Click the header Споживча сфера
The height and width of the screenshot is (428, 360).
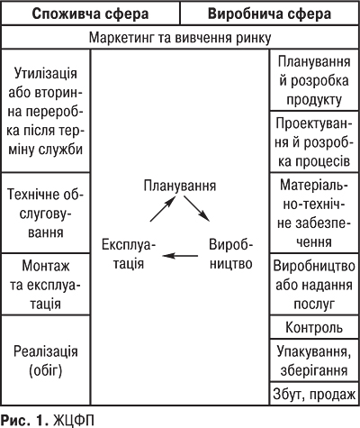click(x=90, y=15)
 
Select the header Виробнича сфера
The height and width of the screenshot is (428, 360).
click(x=269, y=15)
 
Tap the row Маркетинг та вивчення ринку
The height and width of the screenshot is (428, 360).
click(x=180, y=40)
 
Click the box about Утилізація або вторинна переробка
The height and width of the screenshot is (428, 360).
click(x=46, y=110)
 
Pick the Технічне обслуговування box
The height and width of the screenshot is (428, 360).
click(x=46, y=213)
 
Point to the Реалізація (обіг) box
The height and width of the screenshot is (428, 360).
click(x=46, y=358)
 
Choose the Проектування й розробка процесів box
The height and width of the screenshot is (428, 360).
click(x=314, y=144)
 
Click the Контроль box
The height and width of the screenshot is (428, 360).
click(x=314, y=326)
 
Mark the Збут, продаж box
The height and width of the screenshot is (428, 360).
click(x=314, y=394)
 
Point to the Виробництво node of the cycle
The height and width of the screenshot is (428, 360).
click(x=230, y=256)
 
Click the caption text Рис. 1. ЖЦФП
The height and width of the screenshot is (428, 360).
click(x=48, y=419)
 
